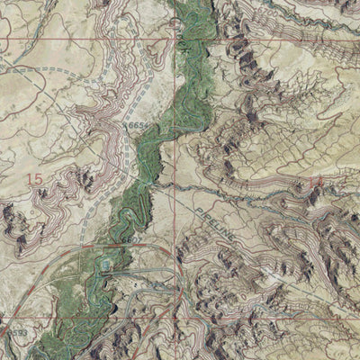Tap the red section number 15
click(x=35, y=180)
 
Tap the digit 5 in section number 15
click(x=39, y=180)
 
